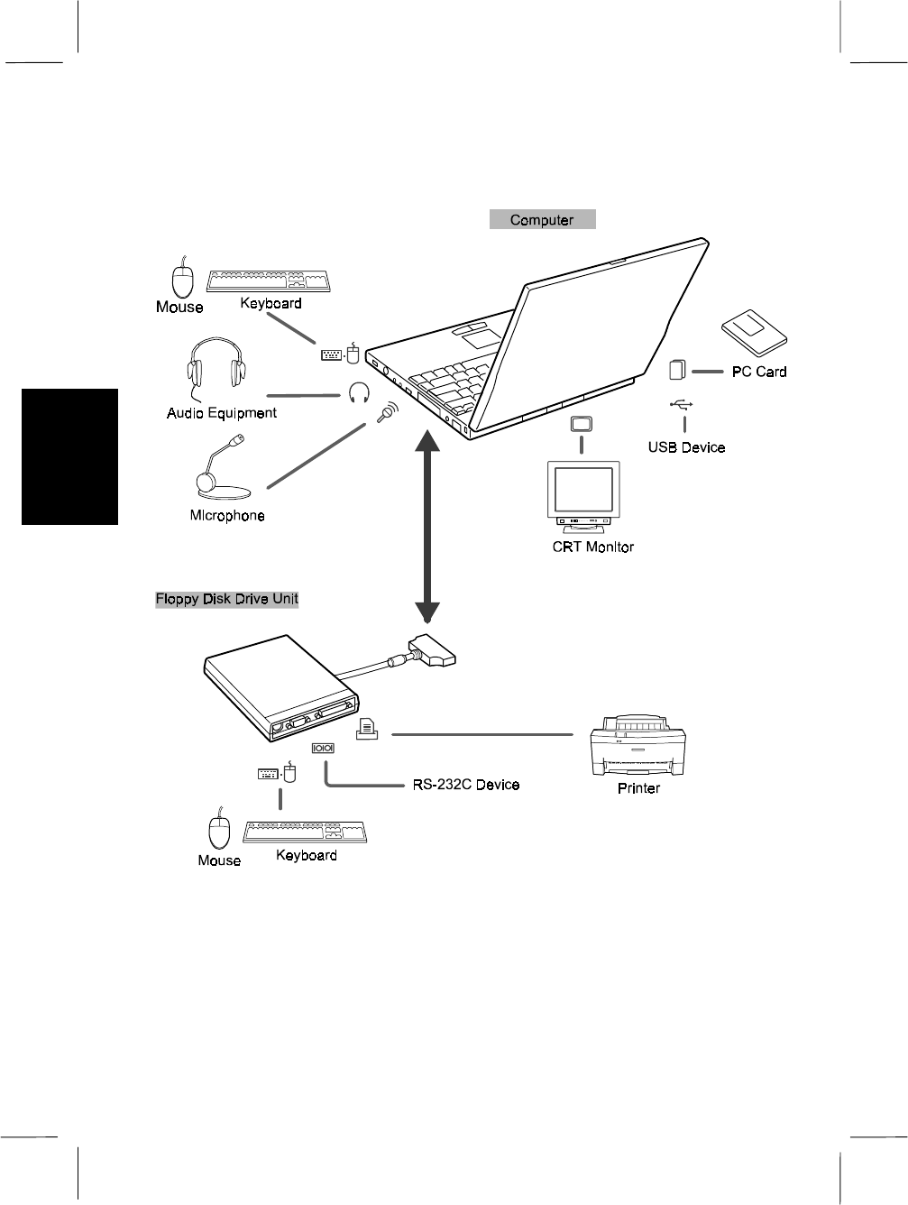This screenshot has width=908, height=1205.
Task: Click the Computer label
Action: click(542, 219)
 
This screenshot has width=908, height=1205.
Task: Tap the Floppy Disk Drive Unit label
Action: click(226, 599)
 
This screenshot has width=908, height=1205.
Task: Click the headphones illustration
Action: click(216, 366)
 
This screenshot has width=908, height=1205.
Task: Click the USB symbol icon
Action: click(683, 405)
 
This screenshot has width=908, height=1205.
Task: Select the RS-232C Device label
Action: click(465, 785)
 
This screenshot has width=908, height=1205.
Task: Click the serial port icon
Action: click(324, 748)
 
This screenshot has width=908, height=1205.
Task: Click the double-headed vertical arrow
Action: click(426, 524)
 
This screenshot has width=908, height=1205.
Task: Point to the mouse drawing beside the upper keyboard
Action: click(183, 277)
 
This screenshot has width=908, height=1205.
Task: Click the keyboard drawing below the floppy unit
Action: click(307, 832)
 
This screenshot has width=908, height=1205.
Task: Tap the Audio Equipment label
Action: click(222, 413)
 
